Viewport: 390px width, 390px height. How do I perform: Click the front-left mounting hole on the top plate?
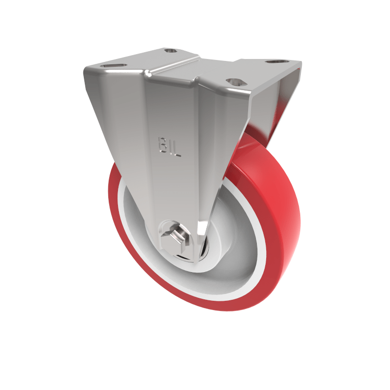point(114,66)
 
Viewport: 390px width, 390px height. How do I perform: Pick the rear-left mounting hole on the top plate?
point(171,51)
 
